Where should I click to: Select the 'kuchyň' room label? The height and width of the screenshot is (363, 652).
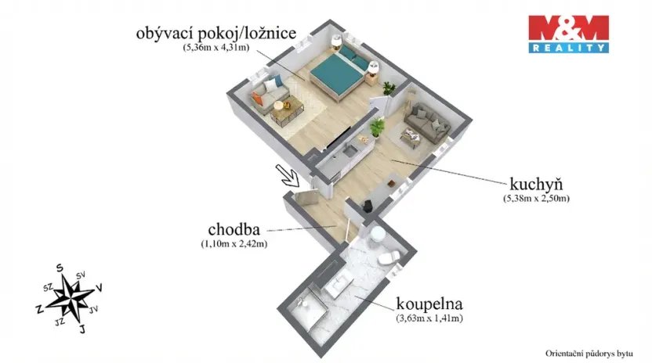[537, 185]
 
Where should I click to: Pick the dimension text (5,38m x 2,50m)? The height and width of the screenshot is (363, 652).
[536, 199]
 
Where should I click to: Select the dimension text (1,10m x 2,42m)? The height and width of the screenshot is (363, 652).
[234, 244]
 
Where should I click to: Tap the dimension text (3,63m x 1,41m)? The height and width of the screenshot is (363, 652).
[428, 318]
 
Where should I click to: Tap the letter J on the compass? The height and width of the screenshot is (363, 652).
[81, 329]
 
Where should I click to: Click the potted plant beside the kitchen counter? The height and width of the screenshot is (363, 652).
[378, 127]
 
